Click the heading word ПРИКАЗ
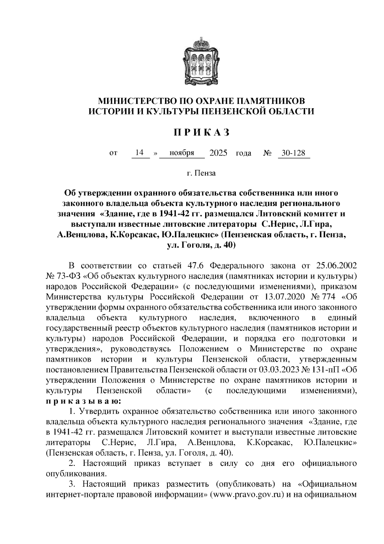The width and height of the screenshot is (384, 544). pos(202,133)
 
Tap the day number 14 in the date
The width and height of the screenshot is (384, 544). pos(139,153)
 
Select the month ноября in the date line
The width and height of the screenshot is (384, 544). pos(182,153)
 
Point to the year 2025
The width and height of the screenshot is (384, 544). pos(218,153)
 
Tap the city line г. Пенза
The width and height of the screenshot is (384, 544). pos(201,173)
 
